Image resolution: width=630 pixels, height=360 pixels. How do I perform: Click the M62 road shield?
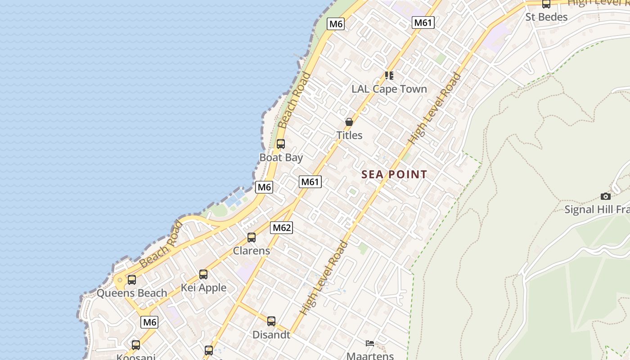coord(282,228)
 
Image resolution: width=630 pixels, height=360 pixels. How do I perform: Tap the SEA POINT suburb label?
coord(394,175)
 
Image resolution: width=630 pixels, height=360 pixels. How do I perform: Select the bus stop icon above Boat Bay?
coord(281,144)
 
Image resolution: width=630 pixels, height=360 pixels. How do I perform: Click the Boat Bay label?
coord(281,157)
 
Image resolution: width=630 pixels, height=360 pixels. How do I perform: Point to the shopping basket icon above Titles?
coord(349,122)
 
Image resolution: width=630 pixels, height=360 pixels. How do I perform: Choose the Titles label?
coord(349,135)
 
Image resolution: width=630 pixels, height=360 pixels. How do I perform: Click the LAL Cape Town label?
coord(389,89)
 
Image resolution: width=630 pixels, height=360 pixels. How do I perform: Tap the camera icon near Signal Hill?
coord(606,196)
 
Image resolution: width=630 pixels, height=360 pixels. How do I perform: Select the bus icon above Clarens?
coord(252,237)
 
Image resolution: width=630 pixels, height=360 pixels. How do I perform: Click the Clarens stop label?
coord(252,251)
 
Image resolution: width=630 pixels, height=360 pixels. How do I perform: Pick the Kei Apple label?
coord(203,288)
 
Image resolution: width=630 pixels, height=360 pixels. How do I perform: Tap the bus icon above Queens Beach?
coord(131,279)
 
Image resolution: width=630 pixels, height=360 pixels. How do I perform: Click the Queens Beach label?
coord(132,293)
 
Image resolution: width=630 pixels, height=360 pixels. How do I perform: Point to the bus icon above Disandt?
coord(271,321)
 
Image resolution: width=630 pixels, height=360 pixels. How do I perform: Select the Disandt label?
coord(271,335)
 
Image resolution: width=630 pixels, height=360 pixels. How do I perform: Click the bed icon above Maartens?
coord(370,343)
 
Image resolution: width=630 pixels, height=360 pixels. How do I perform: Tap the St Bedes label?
coord(546,17)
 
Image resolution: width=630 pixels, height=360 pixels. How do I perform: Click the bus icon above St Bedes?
coord(546,4)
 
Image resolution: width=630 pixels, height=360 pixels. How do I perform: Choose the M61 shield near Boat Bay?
coord(310,182)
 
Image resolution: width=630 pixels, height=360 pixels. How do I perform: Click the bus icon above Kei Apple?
coord(203,274)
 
